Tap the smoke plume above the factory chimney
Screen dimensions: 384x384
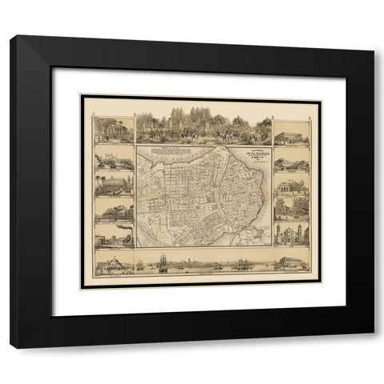click(124, 227)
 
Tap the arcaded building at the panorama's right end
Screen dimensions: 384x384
click(290, 262)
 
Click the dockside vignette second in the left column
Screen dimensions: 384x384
click(114, 158)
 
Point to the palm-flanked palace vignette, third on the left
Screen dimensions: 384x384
click(114, 183)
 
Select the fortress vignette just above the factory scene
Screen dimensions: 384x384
click(114, 209)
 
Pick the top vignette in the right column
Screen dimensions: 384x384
click(291, 133)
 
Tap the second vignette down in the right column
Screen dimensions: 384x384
click(291, 162)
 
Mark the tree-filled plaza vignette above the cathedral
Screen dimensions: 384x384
click(291, 209)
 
